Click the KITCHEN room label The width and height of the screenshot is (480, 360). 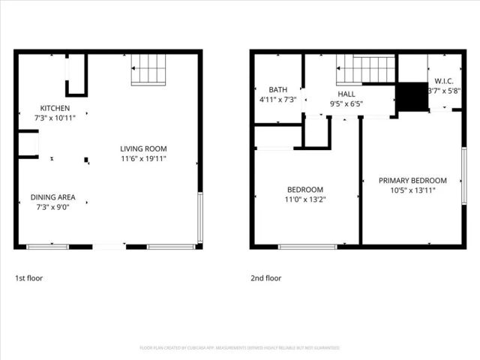[55, 108]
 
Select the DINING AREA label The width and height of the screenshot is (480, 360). [52, 197]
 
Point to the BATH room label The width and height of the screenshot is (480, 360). [278, 89]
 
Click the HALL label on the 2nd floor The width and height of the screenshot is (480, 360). [346, 94]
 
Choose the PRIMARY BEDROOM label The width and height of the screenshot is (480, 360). [412, 180]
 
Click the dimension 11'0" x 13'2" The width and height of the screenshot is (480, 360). [305, 199]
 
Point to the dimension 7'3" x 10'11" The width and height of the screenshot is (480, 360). [55, 118]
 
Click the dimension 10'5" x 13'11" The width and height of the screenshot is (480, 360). [412, 190]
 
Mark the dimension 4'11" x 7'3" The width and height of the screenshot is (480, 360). [278, 99]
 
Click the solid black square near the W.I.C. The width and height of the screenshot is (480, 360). [409, 96]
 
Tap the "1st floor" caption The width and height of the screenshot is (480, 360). [29, 278]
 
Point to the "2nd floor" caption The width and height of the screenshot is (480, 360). [266, 278]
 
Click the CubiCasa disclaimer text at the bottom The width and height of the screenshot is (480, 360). [240, 348]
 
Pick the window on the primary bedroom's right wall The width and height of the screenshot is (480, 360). [464, 174]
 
